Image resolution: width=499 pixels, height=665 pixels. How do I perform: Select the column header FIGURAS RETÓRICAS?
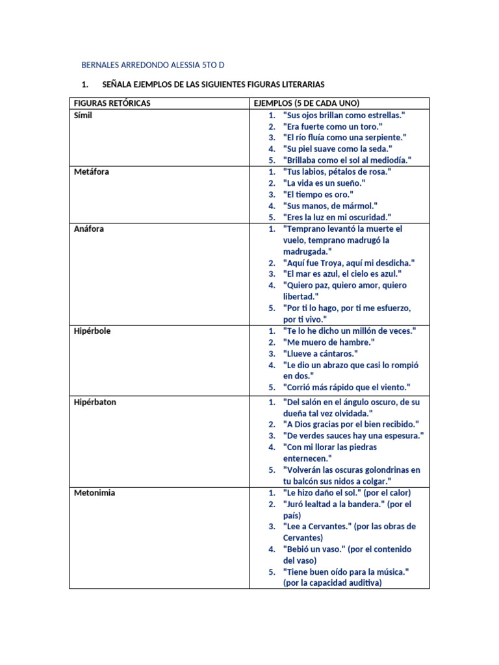pos(112,104)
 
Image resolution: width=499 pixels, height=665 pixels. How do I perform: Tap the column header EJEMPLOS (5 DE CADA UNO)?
pos(306,104)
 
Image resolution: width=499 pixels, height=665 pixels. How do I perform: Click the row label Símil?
pos(83,115)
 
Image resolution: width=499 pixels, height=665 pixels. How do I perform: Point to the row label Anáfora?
pos(88,229)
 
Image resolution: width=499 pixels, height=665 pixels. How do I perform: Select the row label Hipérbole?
pos(92,331)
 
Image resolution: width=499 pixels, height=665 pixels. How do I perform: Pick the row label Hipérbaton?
pos(94,402)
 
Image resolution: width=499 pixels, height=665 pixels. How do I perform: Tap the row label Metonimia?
pos(94,493)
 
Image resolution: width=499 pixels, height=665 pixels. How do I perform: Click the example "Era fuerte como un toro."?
pos(333,127)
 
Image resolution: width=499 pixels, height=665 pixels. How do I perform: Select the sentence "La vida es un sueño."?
pos(324,183)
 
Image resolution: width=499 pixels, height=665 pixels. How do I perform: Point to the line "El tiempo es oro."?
pos(318,195)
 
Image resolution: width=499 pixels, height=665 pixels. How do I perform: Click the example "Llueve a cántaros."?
pos(320,353)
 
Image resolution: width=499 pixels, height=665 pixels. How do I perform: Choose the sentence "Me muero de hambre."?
pos(329,342)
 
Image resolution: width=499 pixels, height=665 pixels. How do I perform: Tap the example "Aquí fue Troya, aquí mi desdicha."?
pos(349,263)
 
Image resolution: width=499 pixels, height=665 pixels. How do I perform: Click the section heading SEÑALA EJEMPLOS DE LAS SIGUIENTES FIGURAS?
pos(213,85)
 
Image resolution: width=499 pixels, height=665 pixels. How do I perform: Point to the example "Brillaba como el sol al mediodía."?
pos(348,160)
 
